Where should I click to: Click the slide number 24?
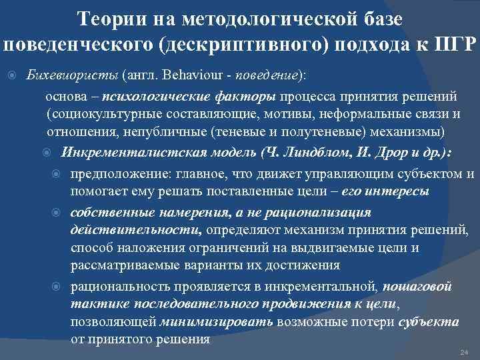pyautogui.click(x=465, y=351)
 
